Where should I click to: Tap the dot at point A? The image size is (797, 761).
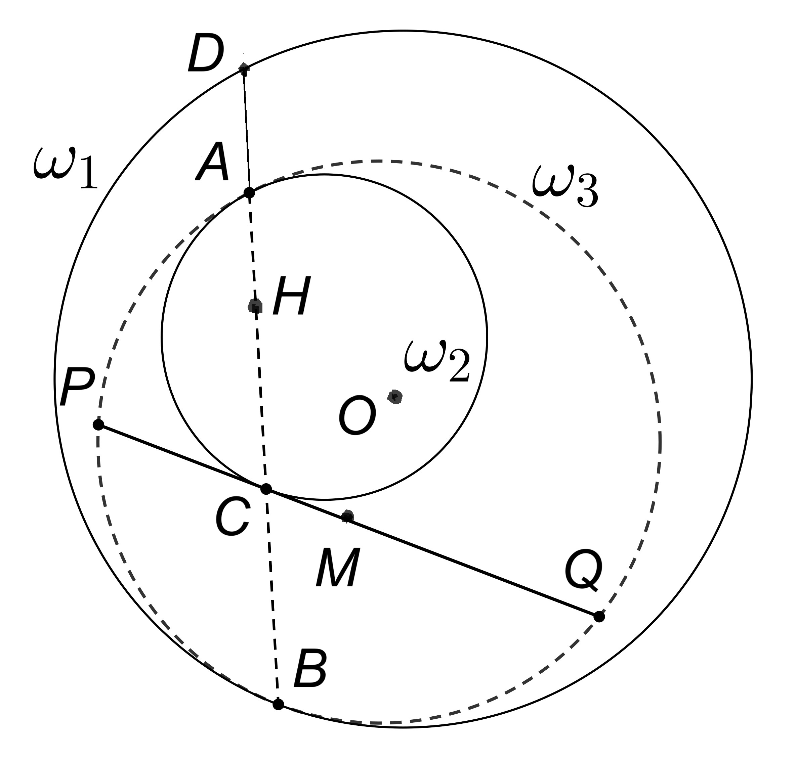[x=249, y=193]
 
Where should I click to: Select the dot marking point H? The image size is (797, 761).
[x=255, y=306]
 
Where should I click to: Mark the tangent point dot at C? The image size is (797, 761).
[x=266, y=489]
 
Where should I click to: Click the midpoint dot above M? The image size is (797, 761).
[x=347, y=517]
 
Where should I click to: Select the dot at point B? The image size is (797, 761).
[x=278, y=704]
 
